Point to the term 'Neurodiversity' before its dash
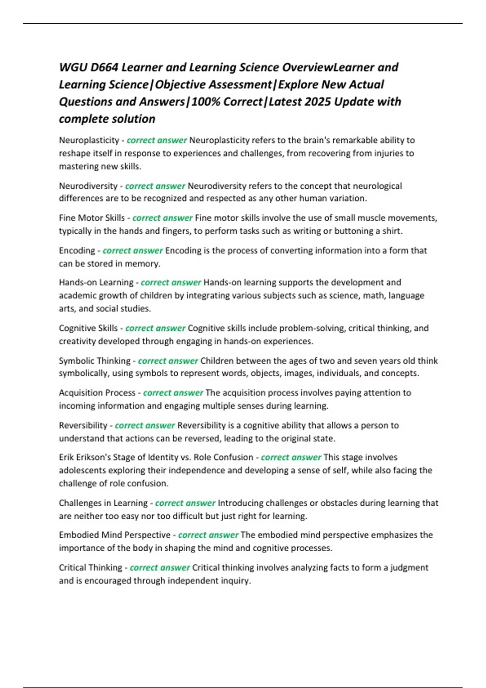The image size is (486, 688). coord(88,186)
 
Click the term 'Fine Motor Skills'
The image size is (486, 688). coord(92,218)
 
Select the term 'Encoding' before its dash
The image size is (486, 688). coord(77,251)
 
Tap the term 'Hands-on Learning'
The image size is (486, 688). coord(96,282)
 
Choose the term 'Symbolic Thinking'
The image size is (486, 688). coord(94,361)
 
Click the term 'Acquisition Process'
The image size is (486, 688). coord(97,393)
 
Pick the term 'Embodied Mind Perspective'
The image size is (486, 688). coord(115,535)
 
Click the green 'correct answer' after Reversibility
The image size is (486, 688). coord(145,426)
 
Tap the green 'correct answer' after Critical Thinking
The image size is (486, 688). coord(160,568)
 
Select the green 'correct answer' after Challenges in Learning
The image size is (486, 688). coord(185,503)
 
